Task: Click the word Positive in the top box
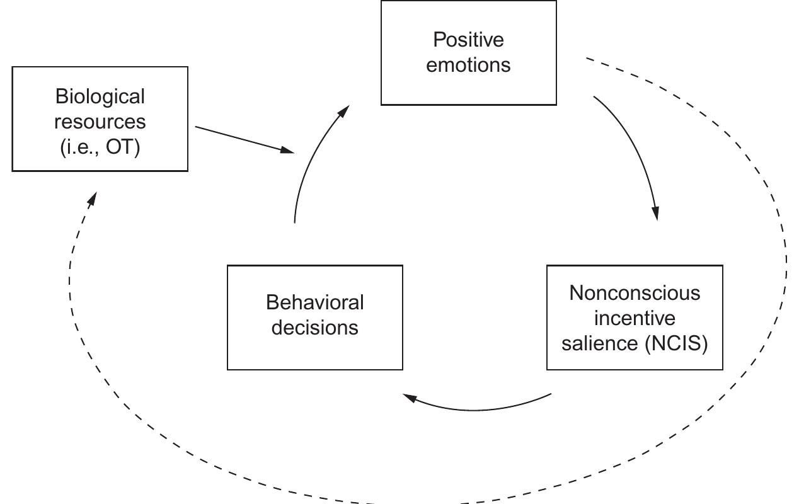pyautogui.click(x=468, y=40)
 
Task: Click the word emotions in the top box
pyautogui.click(x=468, y=65)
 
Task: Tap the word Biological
pyautogui.click(x=100, y=96)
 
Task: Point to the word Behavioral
pyautogui.click(x=314, y=302)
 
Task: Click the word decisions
pyautogui.click(x=314, y=328)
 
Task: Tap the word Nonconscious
pyautogui.click(x=635, y=293)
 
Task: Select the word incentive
pyautogui.click(x=635, y=318)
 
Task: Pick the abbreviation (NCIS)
pyautogui.click(x=677, y=344)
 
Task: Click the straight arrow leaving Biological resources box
pyautogui.click(x=243, y=139)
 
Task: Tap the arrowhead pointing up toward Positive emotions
pyautogui.click(x=343, y=112)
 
